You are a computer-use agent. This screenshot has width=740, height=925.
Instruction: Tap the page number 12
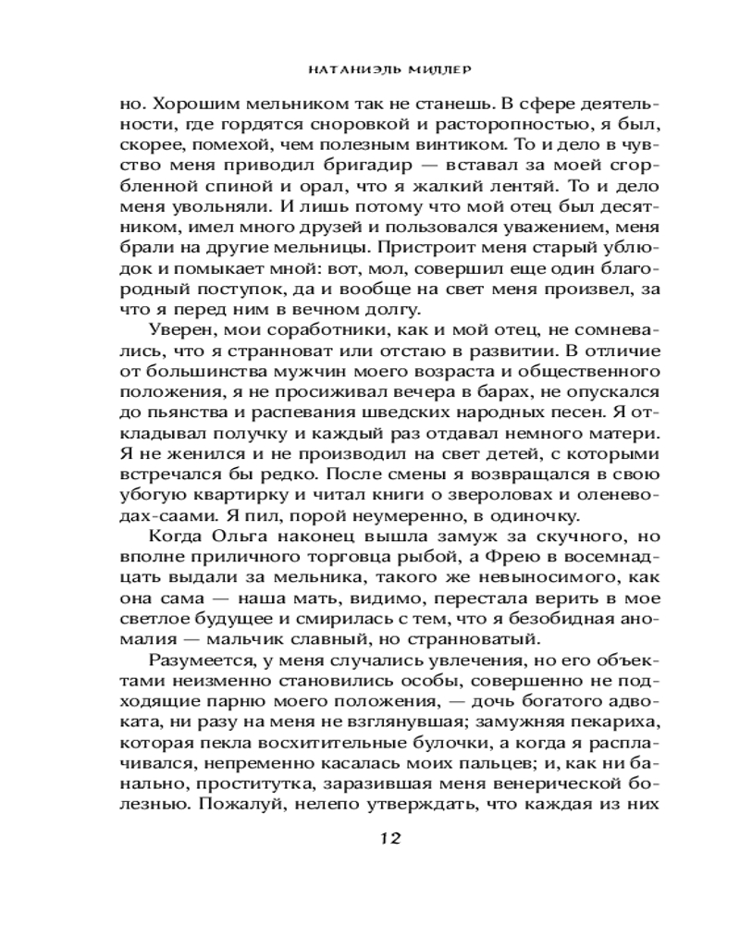(x=388, y=839)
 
